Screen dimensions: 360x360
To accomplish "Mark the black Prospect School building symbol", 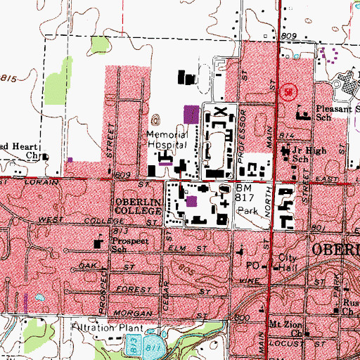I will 98,243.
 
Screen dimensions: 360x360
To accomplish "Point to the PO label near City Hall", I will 256,265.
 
